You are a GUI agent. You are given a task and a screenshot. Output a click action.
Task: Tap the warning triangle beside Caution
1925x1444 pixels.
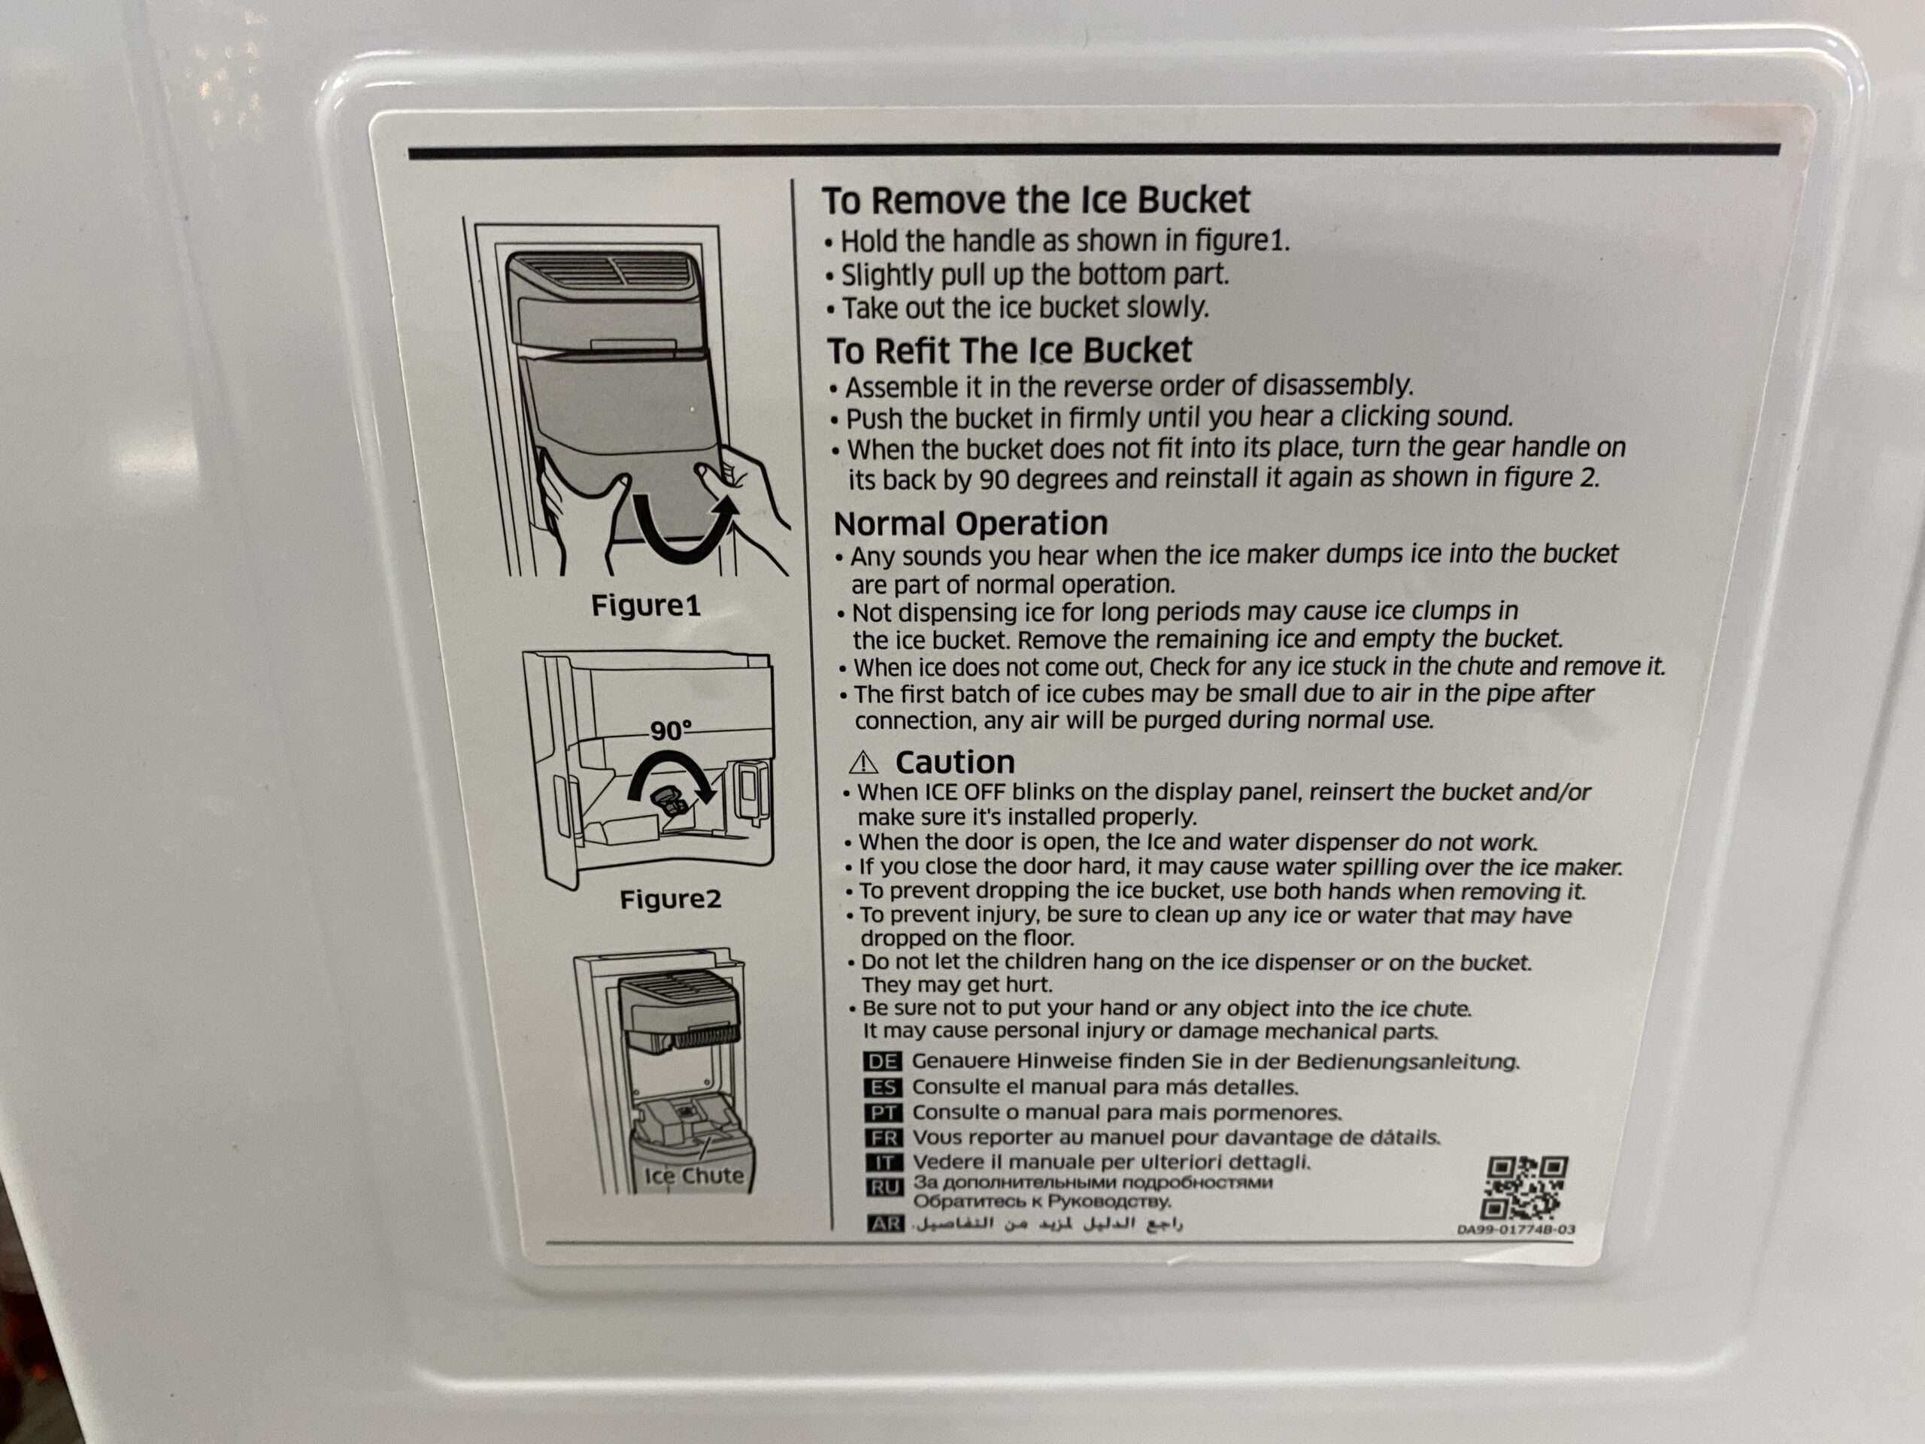[863, 763]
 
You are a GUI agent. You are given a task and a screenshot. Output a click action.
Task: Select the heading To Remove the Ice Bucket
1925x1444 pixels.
[1035, 200]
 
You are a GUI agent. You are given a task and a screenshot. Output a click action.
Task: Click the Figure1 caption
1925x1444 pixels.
[646, 605]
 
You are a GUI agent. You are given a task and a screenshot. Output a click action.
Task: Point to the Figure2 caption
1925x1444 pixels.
[670, 899]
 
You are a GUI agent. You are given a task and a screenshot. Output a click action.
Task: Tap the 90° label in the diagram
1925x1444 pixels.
[671, 730]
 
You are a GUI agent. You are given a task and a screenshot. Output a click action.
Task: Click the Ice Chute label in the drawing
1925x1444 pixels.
[693, 1176]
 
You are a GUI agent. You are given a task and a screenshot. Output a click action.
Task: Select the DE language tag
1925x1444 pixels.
[883, 1062]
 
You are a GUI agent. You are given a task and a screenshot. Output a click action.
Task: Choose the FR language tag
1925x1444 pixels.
[884, 1139]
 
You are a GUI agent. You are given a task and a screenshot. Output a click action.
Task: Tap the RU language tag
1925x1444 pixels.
[885, 1188]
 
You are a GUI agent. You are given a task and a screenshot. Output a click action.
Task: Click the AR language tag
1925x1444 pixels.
[886, 1224]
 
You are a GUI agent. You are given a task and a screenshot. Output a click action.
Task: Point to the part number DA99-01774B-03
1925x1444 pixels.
[1515, 1230]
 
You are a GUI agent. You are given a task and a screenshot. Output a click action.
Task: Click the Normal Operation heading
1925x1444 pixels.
[970, 523]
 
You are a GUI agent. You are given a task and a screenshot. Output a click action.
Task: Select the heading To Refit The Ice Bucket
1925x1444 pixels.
[1009, 350]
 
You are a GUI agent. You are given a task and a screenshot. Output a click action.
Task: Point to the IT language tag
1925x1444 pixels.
[884, 1163]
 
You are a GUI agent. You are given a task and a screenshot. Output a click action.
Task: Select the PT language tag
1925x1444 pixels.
[884, 1113]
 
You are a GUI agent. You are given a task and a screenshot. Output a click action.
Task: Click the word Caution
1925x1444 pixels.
[955, 763]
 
